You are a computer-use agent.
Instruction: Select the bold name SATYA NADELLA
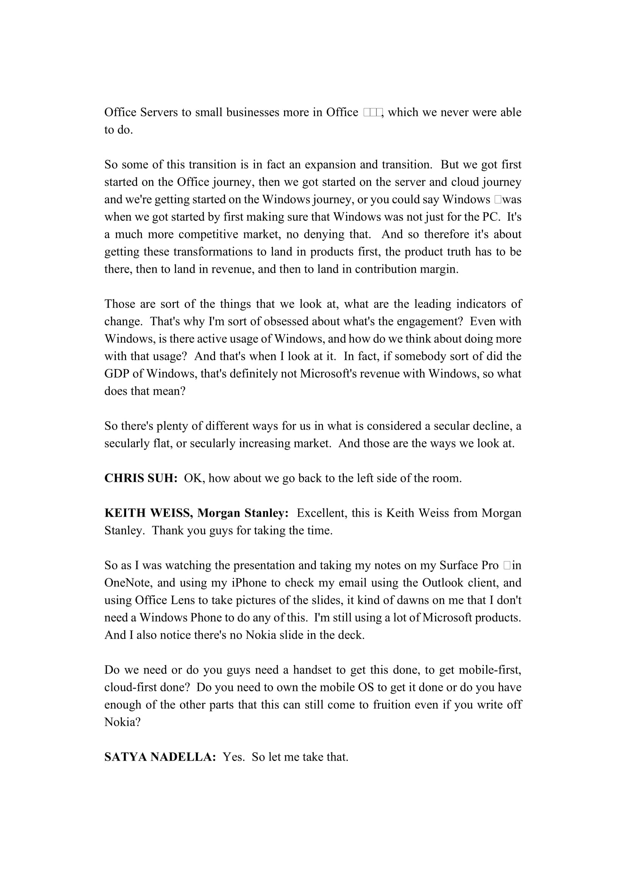(x=160, y=757)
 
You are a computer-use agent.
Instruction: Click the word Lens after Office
(x=171, y=600)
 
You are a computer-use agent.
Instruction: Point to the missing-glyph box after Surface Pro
(x=507, y=565)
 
